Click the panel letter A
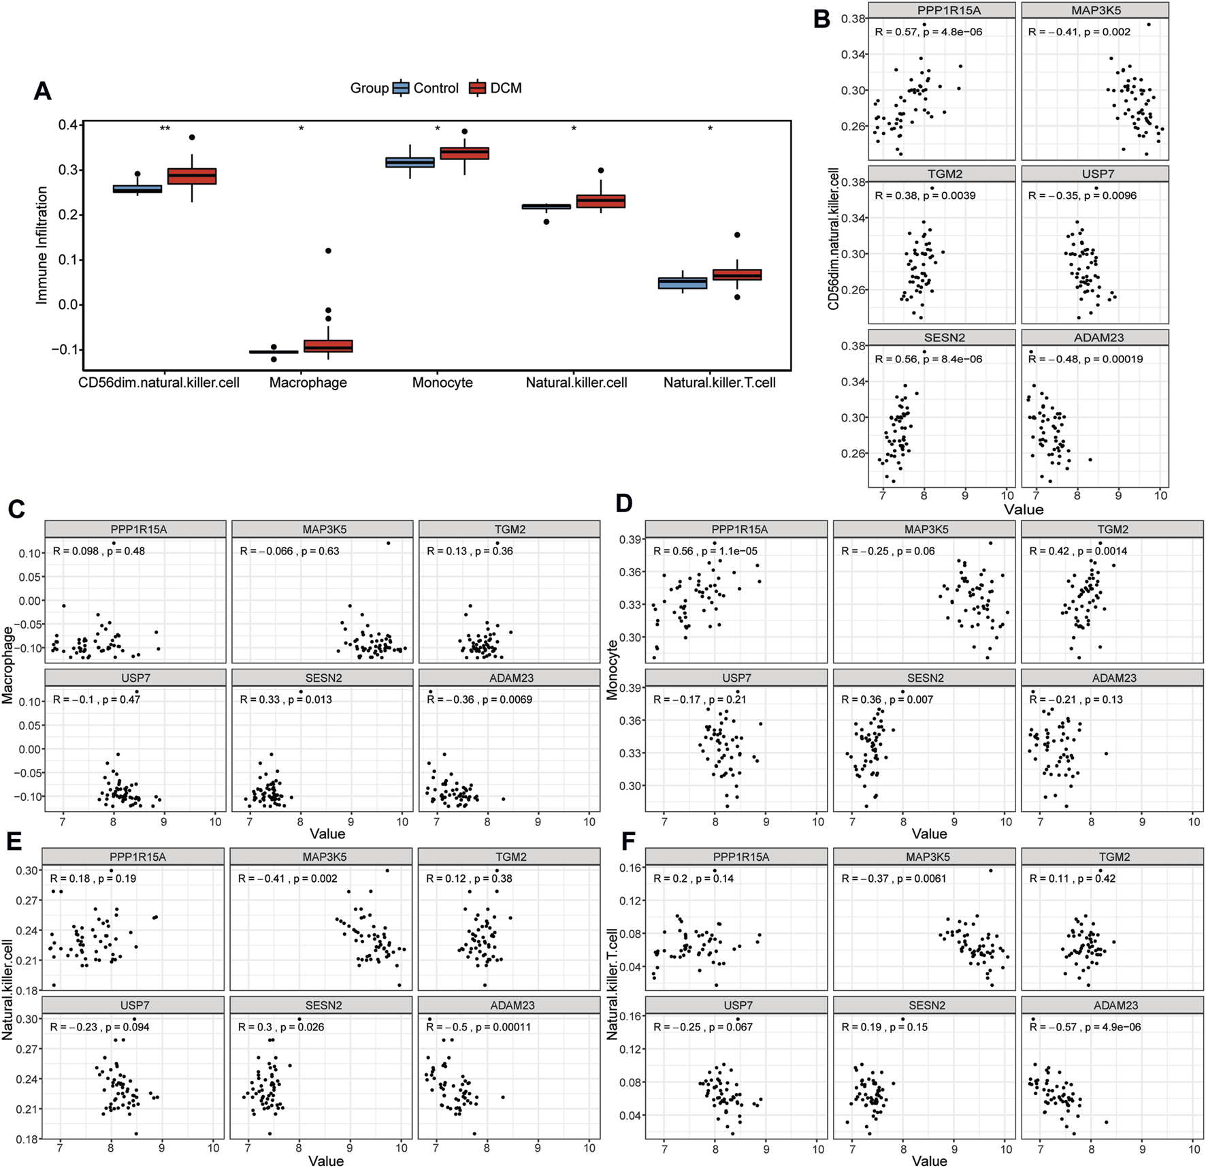[x=42, y=91]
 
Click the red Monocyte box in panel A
[x=464, y=153]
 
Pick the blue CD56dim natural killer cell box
[x=137, y=189]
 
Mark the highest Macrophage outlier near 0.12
[x=328, y=251]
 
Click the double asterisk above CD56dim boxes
[x=165, y=129]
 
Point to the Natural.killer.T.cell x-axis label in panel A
[x=719, y=383]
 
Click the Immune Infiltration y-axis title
[x=42, y=245]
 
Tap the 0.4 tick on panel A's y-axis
[x=67, y=125]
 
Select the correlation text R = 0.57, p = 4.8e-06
[x=928, y=32]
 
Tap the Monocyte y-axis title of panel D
[x=612, y=670]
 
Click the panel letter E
[x=14, y=842]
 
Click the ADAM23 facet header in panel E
[x=509, y=1005]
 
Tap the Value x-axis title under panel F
[x=929, y=1161]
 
